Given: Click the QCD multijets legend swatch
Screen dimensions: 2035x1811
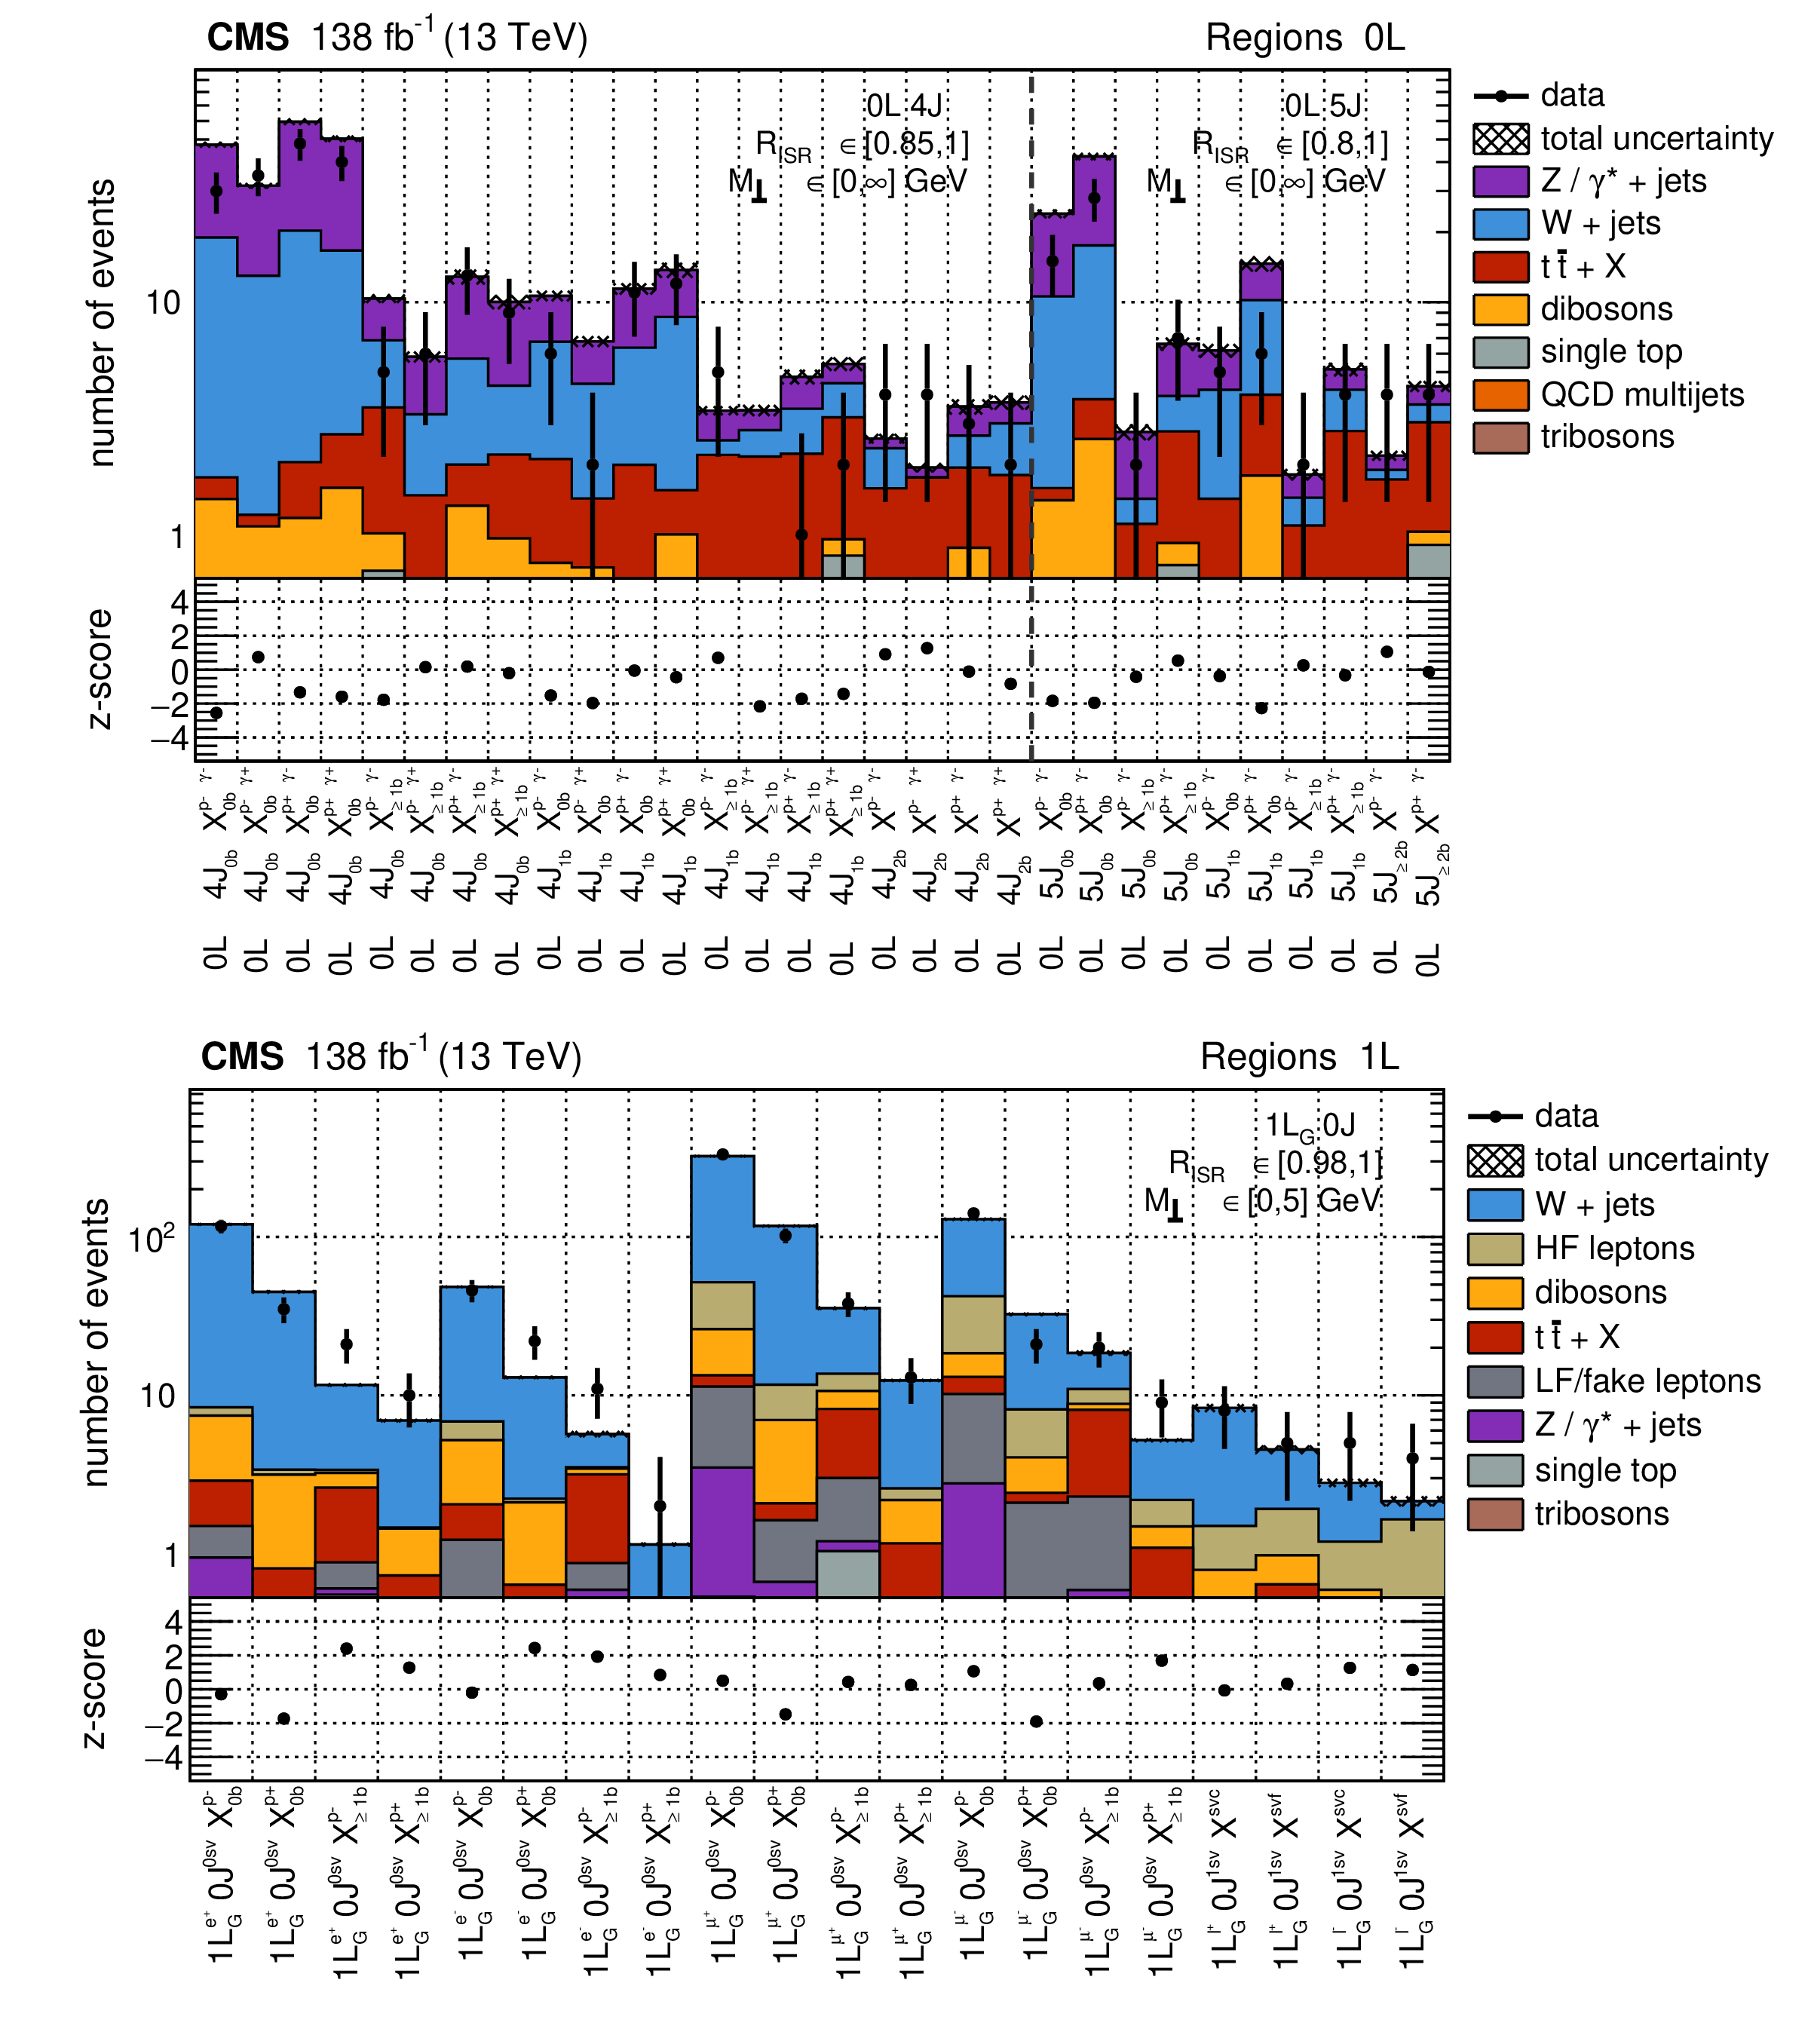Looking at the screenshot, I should point(1500,394).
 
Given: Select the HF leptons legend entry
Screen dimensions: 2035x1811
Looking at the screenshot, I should point(1613,1248).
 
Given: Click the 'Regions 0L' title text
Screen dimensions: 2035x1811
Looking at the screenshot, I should point(1304,38).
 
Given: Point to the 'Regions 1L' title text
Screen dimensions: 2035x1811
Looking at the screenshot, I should point(1299,1056).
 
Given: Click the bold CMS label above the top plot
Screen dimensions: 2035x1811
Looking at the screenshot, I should point(248,38).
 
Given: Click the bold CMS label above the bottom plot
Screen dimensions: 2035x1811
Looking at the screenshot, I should point(242,1056).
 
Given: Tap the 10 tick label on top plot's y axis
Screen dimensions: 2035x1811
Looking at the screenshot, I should point(164,302).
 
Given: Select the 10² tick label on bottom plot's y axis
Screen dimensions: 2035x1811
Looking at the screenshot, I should point(152,1240).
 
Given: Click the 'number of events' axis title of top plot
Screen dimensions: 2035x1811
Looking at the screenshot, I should point(102,323).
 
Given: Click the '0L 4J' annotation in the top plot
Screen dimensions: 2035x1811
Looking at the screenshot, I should point(903,106).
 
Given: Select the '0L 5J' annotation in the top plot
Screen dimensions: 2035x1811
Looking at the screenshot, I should point(1322,106).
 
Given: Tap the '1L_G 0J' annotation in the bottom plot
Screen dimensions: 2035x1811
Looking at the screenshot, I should point(1309,1126).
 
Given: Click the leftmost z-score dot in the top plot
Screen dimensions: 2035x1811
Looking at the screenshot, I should point(216,713).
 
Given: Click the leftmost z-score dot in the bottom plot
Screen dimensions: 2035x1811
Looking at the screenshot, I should point(221,1694).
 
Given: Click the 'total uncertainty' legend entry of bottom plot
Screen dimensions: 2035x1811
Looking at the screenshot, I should point(1650,1159).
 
